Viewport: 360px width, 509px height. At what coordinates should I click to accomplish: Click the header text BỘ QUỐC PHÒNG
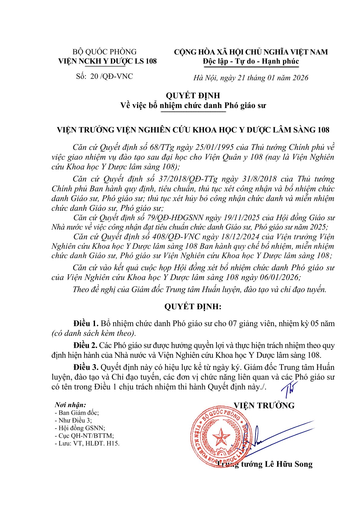click(104, 52)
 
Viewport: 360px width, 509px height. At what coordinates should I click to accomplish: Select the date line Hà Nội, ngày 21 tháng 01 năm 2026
click(251, 78)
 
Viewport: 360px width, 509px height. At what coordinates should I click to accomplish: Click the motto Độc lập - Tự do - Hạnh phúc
click(251, 61)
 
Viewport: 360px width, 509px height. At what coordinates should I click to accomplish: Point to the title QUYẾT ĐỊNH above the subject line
click(193, 96)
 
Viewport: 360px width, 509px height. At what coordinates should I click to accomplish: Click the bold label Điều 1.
click(86, 323)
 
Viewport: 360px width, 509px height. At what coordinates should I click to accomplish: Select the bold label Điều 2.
click(85, 345)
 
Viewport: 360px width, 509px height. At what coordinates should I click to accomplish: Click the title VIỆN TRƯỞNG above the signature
click(264, 405)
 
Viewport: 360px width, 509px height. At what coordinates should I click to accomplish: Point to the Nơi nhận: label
click(70, 405)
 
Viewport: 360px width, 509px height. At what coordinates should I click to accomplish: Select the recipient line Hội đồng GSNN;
click(80, 428)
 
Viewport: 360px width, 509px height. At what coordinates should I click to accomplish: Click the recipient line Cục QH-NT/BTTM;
click(84, 436)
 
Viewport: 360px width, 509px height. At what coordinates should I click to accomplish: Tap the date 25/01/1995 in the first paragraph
click(222, 147)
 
